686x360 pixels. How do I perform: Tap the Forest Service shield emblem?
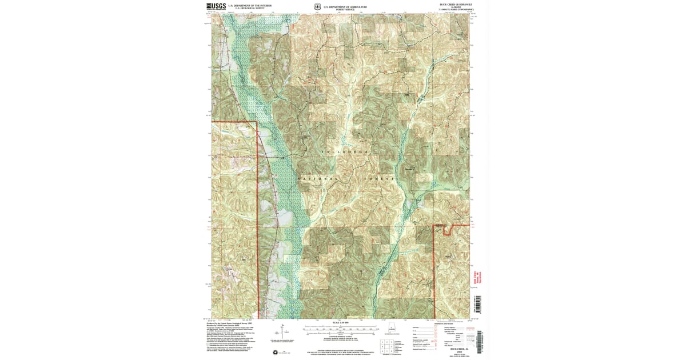318,7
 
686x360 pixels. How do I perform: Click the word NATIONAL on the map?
316,179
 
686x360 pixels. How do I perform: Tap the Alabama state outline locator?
392,329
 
